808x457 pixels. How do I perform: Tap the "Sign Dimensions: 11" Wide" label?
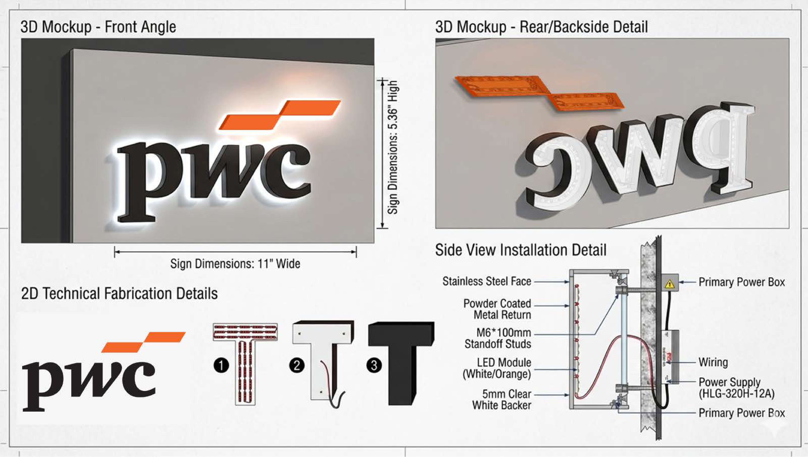[235, 264]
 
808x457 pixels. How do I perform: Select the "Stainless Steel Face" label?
[487, 281]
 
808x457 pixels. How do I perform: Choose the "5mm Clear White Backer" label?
[502, 399]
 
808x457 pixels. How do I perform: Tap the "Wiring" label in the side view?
[713, 362]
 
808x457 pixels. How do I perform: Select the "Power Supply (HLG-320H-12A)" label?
[736, 388]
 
